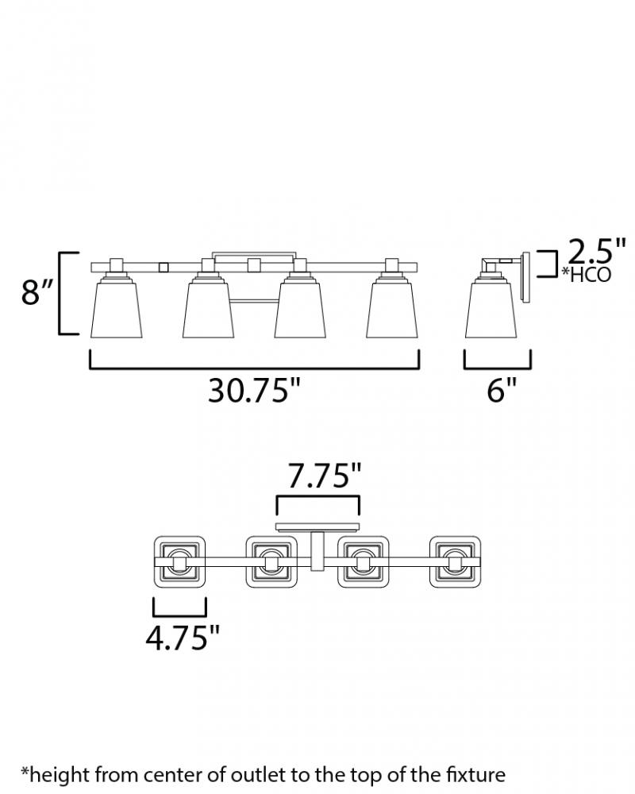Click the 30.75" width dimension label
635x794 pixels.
point(254,391)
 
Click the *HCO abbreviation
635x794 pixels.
point(586,274)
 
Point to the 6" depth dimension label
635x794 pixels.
point(502,391)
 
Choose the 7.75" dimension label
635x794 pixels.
point(324,476)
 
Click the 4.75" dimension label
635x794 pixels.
point(183,638)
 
